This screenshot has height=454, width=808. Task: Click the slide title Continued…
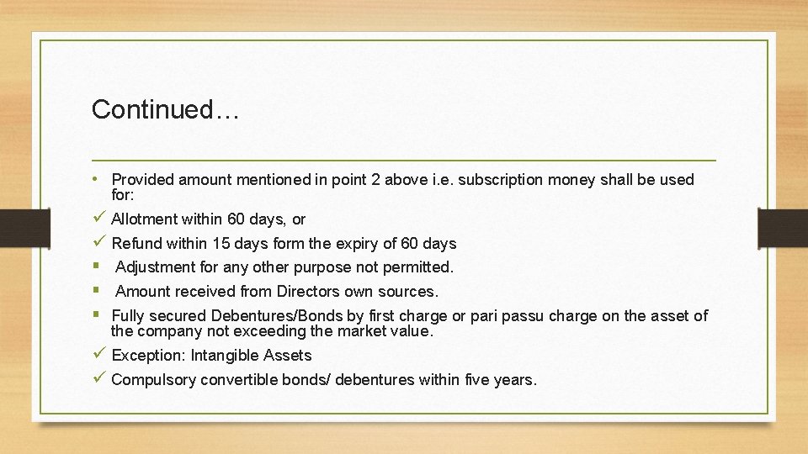pyautogui.click(x=166, y=109)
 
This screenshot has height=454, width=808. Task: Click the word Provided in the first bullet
pyautogui.click(x=142, y=179)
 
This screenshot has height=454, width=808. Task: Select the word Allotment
pyautogui.click(x=144, y=219)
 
